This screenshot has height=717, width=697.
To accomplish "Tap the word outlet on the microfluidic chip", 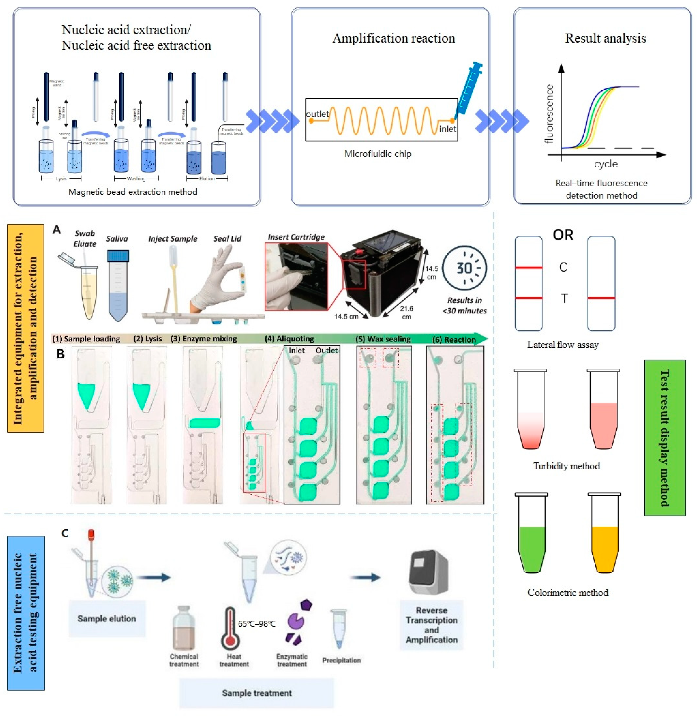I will (317, 114).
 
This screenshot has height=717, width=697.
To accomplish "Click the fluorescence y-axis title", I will (549, 113).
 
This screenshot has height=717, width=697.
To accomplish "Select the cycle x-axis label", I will (606, 164).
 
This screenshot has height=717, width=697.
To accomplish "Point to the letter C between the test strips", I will (563, 267).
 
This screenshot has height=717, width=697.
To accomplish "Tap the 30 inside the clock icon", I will (464, 268).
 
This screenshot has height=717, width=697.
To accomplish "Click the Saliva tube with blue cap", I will (118, 286).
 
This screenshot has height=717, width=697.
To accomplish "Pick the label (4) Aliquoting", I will (289, 339).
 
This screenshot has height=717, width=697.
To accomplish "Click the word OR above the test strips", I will (563, 235).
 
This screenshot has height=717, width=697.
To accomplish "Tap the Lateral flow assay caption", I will (563, 345).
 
